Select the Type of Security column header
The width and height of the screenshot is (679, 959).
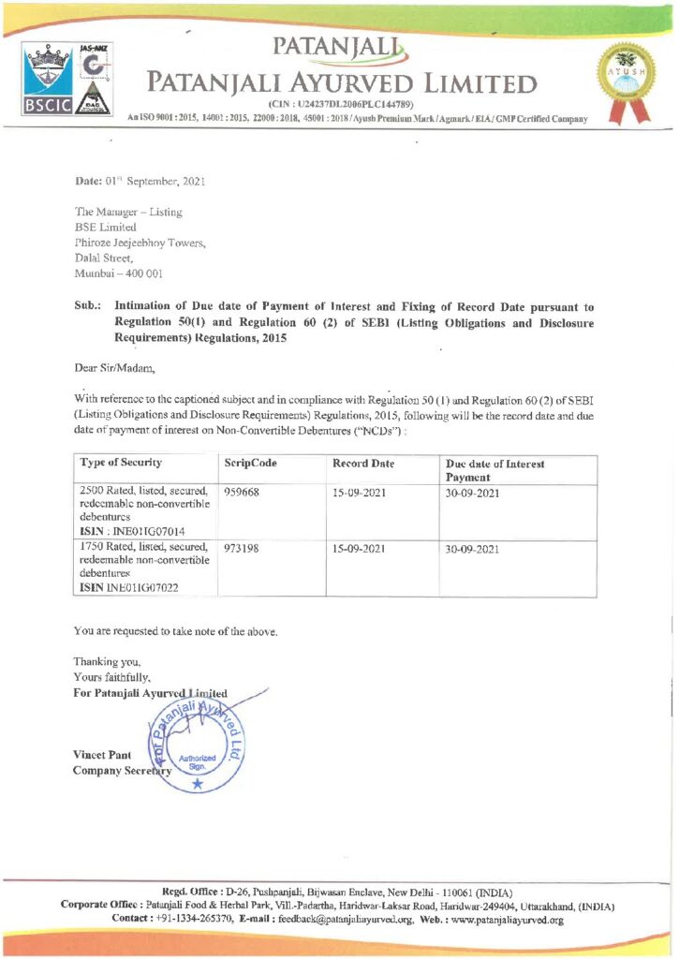122,463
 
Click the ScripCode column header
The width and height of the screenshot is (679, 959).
251,464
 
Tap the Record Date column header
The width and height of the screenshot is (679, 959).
363,464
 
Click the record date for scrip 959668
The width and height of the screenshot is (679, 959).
359,492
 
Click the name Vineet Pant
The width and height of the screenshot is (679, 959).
103,755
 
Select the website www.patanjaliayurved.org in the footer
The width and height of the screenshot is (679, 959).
506,921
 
